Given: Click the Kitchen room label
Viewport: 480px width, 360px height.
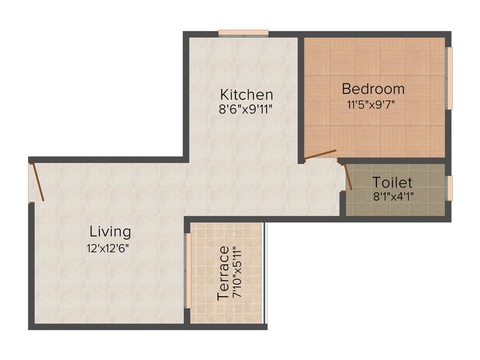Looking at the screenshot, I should click(x=247, y=94).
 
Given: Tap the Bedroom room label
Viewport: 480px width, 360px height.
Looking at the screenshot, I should click(x=373, y=88).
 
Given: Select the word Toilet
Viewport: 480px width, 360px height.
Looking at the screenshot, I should click(x=392, y=182).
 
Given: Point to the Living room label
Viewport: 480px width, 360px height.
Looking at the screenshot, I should click(x=110, y=231).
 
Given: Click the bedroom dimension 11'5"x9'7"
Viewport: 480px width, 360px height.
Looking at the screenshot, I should click(x=372, y=104).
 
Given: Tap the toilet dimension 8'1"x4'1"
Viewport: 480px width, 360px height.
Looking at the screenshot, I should click(x=393, y=196).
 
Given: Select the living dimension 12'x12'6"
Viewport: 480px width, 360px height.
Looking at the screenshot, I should click(x=107, y=247).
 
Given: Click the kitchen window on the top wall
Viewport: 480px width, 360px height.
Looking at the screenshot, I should click(x=243, y=33).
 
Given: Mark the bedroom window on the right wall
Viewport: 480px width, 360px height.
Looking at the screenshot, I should click(x=449, y=78).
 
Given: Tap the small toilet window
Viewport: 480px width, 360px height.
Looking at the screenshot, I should click(x=449, y=188).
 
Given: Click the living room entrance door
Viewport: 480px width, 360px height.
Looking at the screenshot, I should click(x=37, y=182).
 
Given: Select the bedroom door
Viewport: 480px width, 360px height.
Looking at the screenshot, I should click(x=320, y=155).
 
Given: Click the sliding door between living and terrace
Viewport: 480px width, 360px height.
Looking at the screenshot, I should click(x=188, y=270).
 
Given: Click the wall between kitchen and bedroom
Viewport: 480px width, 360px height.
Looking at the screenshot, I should click(x=301, y=98).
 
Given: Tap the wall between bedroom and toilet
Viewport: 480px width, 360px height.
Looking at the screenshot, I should click(x=394, y=161).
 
